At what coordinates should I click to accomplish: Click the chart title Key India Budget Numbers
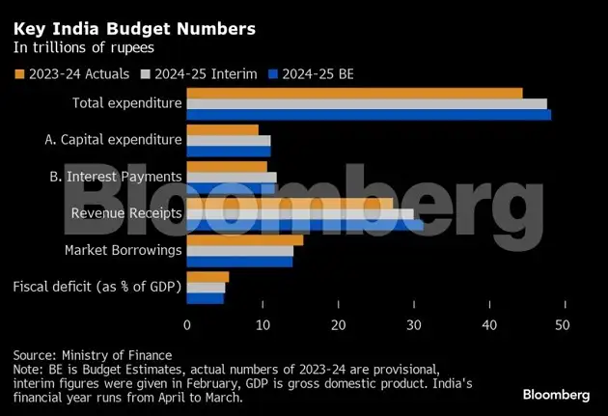[134, 29]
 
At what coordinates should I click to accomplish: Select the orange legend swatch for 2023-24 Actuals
[18, 73]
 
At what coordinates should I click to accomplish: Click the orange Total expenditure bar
[354, 94]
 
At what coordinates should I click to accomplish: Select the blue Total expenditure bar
[369, 115]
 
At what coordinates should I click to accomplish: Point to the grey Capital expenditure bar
[228, 141]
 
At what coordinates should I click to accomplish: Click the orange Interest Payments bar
[226, 167]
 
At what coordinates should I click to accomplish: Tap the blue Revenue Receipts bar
[304, 225]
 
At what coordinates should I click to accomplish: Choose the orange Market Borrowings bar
[244, 240]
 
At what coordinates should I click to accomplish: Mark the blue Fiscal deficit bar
[205, 298]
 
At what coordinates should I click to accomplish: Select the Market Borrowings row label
[123, 251]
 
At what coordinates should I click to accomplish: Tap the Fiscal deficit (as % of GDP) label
[97, 287]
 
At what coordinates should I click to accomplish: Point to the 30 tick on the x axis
[413, 325]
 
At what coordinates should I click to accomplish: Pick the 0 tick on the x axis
[186, 325]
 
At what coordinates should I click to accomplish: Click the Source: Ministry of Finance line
[92, 355]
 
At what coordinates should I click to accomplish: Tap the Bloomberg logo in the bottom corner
[556, 394]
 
